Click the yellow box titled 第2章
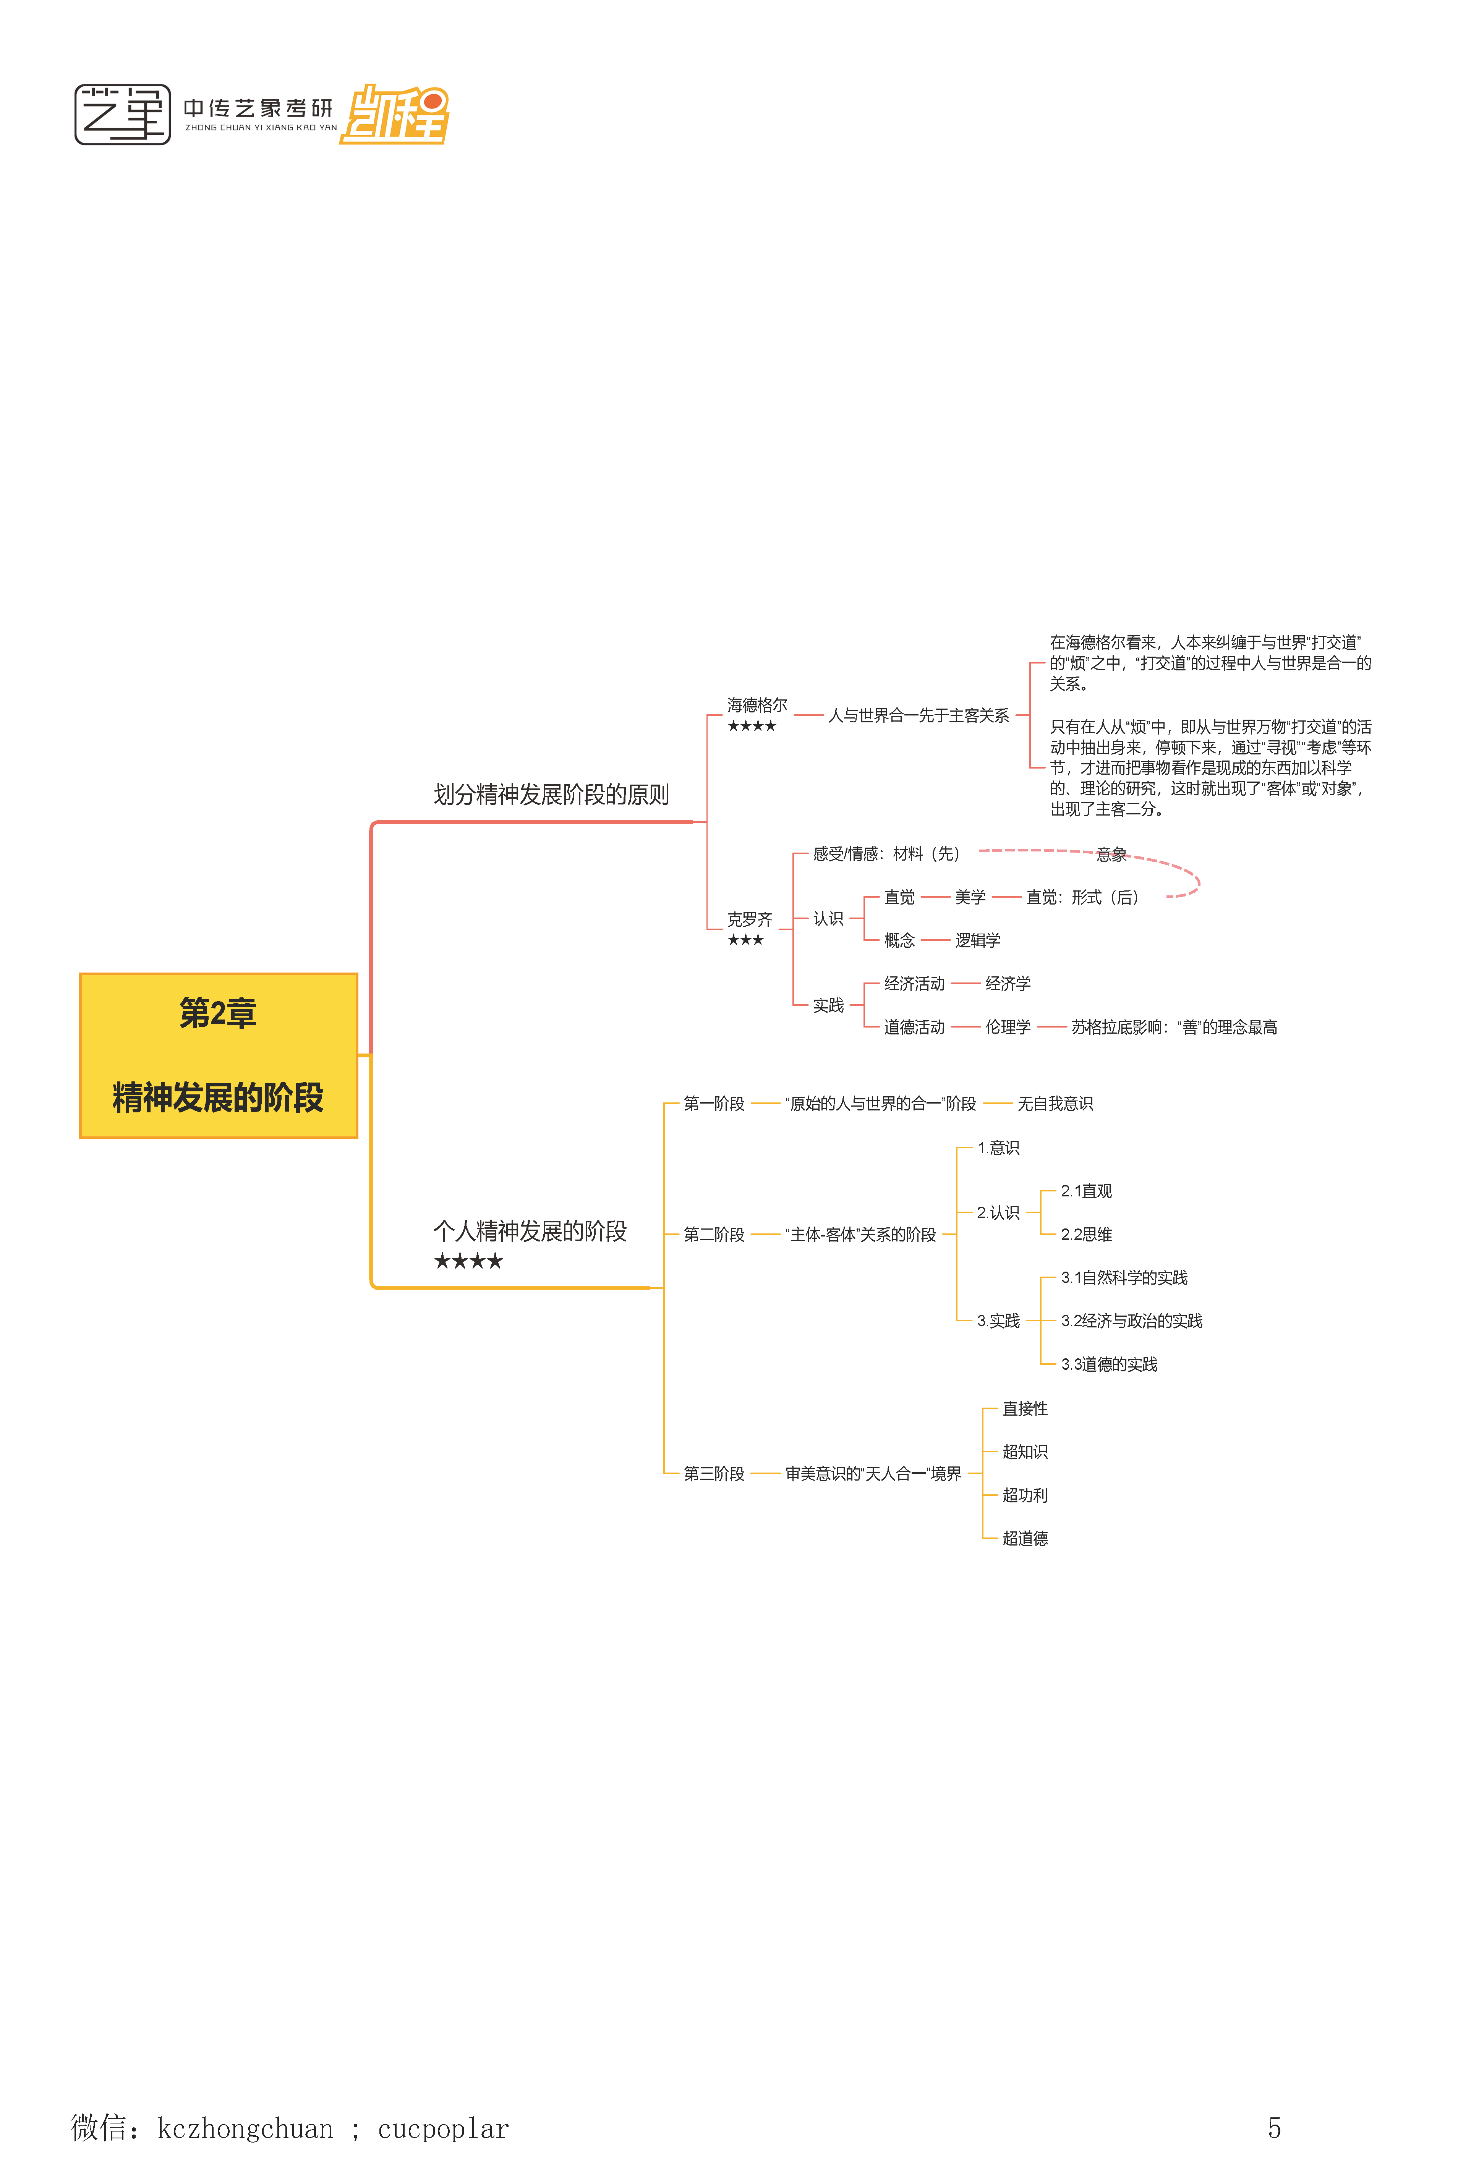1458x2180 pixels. pos(219,1055)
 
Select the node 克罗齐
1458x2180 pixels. pos(750,919)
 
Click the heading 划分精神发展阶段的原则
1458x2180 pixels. pos(551,795)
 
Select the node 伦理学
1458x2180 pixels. pos(1008,1027)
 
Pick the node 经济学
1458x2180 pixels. pos(1008,984)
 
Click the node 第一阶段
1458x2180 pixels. pos(714,1104)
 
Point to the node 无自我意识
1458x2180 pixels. pos(1055,1104)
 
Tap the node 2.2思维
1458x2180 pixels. pos(1086,1235)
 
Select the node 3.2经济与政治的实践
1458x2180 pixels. pos(1132,1321)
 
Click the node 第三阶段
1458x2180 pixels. pos(714,1473)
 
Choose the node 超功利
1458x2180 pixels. pos(1025,1495)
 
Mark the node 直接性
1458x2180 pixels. pos(1025,1408)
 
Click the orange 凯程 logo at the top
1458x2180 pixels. pos(395,115)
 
